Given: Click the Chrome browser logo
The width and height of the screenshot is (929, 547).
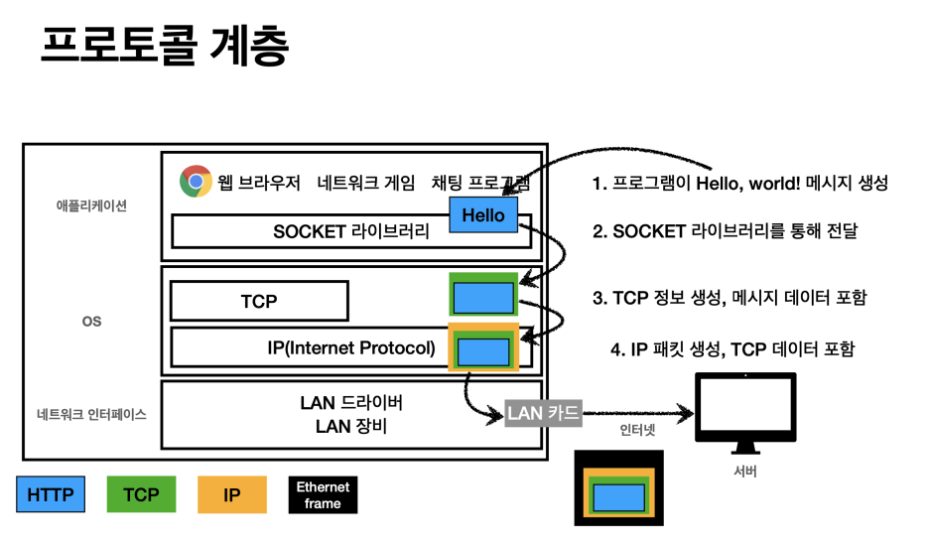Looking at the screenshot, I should (x=196, y=182).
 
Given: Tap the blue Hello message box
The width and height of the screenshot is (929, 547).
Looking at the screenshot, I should (x=483, y=214).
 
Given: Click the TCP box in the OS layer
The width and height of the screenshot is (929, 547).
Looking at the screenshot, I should (x=259, y=301).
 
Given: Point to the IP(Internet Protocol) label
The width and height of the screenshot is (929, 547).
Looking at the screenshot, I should (x=351, y=347).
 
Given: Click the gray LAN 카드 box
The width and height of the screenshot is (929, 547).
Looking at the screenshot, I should (x=543, y=412).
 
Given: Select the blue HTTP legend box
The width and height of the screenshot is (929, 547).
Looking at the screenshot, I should (x=51, y=494).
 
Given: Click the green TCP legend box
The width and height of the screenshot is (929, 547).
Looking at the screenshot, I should (x=141, y=494).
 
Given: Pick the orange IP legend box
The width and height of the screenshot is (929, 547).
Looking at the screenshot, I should (x=232, y=494).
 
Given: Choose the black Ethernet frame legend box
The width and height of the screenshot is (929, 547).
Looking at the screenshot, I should (x=323, y=494).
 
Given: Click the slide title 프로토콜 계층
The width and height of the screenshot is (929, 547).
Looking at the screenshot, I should (x=165, y=47).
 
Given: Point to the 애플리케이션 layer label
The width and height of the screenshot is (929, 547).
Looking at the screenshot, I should (x=91, y=207).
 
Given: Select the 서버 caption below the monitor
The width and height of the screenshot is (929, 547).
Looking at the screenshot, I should (x=744, y=471).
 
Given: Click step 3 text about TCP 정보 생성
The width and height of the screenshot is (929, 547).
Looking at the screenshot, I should (x=730, y=297).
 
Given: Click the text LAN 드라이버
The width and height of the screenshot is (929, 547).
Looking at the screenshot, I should (x=351, y=403).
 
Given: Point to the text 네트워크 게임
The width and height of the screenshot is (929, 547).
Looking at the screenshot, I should (x=366, y=183).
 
